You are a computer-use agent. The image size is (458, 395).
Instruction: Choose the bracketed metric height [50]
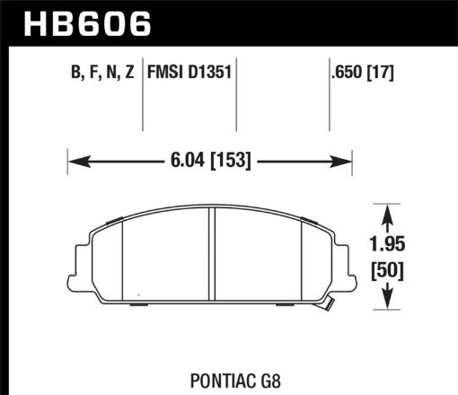[387, 269]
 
